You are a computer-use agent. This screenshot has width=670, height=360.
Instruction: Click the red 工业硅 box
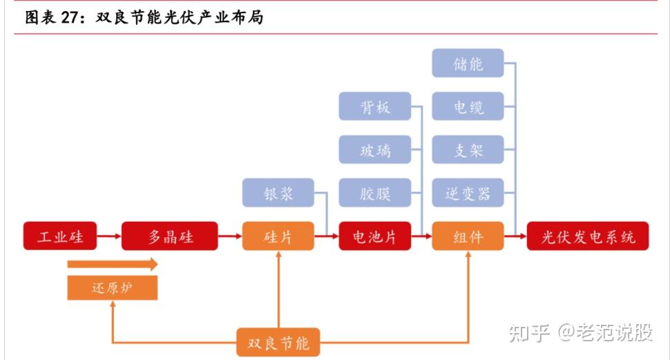point(60,236)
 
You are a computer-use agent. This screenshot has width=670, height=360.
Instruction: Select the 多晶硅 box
point(170,236)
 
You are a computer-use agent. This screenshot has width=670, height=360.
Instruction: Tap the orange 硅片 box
point(278,236)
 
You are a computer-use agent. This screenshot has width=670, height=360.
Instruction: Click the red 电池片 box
point(375,236)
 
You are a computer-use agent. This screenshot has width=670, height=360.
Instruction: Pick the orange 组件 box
point(468,236)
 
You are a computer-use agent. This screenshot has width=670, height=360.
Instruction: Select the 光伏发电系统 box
point(587,236)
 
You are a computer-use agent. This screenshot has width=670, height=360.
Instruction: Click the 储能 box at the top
point(468,64)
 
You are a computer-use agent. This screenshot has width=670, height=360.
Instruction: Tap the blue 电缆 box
point(468,107)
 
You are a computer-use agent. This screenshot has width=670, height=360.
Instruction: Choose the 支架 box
point(468,150)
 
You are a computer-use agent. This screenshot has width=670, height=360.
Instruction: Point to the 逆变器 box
point(468,193)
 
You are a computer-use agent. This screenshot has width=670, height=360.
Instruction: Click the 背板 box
point(375,106)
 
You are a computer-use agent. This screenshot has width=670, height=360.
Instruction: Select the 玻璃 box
point(375,150)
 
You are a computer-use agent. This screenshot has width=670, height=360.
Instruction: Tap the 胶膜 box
point(375,193)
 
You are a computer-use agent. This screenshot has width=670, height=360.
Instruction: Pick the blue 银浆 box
point(278,193)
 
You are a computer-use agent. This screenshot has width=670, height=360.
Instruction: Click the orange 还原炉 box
point(112,287)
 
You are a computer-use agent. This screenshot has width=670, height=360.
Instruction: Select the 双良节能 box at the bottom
point(278,342)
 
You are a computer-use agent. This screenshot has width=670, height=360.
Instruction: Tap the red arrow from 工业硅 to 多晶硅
point(109,236)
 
